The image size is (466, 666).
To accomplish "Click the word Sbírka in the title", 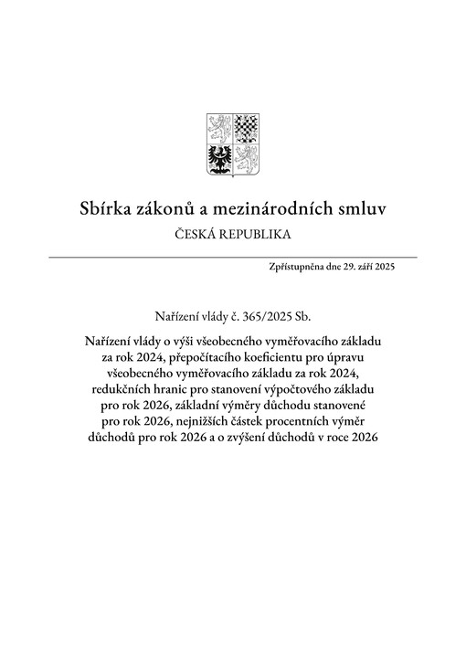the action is pyautogui.click(x=107, y=209).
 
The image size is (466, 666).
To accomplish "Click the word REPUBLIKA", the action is pyautogui.click(x=259, y=235).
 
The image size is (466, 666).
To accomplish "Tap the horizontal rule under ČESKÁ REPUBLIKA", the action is pyautogui.click(x=233, y=258).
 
